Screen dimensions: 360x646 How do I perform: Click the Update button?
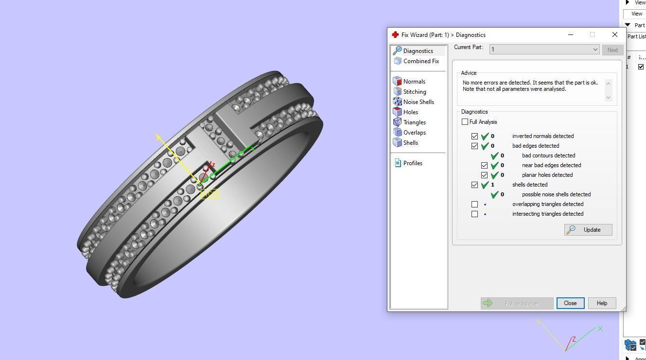588,230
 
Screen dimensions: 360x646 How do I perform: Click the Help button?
602,303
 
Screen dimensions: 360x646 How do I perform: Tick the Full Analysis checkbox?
465,122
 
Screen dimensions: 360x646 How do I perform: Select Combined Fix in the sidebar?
420,61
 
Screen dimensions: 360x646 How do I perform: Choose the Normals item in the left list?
414,82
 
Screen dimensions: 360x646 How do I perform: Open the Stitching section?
414,92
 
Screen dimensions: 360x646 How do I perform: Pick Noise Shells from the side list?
418,102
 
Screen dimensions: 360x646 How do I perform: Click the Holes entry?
410,112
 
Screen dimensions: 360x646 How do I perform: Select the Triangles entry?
414,122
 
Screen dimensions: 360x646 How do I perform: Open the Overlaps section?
414,133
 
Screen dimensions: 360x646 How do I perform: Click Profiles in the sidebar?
412,163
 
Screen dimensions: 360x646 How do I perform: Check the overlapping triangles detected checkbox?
475,205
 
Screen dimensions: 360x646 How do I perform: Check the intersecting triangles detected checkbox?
475,214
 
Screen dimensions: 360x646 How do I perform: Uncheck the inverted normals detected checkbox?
475,137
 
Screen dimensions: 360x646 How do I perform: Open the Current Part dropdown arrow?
595,50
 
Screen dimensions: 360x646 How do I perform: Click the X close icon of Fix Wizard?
615,34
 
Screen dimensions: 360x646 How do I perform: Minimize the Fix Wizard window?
571,34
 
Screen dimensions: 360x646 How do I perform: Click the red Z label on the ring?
213,165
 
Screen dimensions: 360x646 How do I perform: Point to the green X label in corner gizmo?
600,328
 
